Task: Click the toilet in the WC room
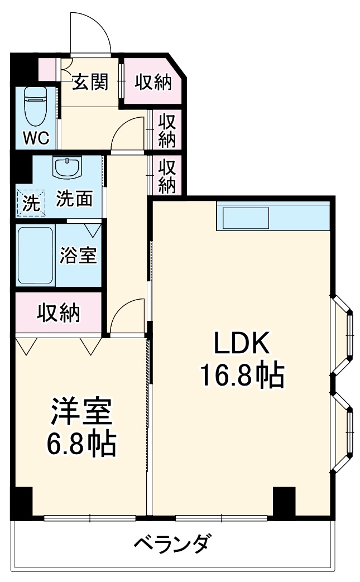coord(36,107)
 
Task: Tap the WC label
coord(36,137)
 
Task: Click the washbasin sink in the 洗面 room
coord(68,166)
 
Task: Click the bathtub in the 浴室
coord(35,255)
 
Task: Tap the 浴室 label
coord(79,255)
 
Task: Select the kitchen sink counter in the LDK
coord(246,217)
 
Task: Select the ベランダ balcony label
coord(174,542)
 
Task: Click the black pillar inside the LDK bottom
coord(284,501)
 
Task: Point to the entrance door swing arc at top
coord(89,33)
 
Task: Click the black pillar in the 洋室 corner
coord(22,501)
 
